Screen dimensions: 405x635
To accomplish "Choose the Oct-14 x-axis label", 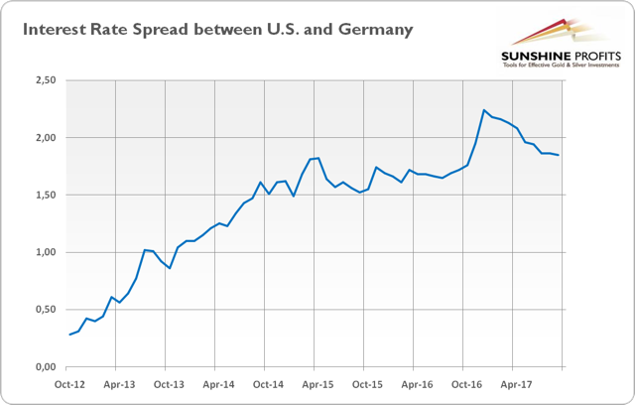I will tap(267, 382).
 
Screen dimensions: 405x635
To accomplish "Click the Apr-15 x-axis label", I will tap(317, 382).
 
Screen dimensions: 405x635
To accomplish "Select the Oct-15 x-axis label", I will tap(366, 382).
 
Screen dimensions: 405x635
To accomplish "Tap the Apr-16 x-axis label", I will tap(416, 382).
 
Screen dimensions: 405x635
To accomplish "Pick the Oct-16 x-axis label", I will tap(465, 382).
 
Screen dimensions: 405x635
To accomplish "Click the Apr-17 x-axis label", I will tap(515, 382).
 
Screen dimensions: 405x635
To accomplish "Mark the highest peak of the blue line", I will tap(483, 110).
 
